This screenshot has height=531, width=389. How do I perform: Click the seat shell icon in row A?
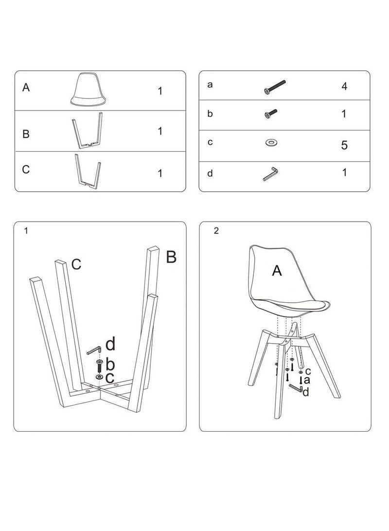click(x=88, y=90)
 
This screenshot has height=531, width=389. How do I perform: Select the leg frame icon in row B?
click(x=87, y=130)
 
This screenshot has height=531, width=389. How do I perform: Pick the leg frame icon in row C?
click(x=88, y=171)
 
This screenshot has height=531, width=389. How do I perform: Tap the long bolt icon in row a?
click(x=274, y=87)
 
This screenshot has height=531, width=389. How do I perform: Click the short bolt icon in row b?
click(x=271, y=114)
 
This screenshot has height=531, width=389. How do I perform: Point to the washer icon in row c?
click(x=271, y=142)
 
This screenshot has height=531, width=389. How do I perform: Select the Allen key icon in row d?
click(x=270, y=173)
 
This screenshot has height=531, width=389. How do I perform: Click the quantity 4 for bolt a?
click(x=344, y=86)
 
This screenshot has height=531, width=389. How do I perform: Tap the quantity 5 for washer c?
click(x=344, y=145)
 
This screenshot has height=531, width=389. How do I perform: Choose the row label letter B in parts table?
click(x=26, y=134)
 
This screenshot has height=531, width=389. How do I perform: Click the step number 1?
click(x=26, y=231)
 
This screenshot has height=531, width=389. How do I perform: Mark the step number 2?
click(x=216, y=231)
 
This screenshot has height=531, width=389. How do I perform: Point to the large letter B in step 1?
click(x=171, y=257)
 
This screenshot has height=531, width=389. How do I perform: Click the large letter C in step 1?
click(x=76, y=264)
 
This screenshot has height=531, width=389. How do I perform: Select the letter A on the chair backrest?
click(x=277, y=271)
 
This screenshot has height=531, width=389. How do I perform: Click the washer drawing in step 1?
click(x=100, y=377)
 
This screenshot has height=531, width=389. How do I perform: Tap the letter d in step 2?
click(x=305, y=392)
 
